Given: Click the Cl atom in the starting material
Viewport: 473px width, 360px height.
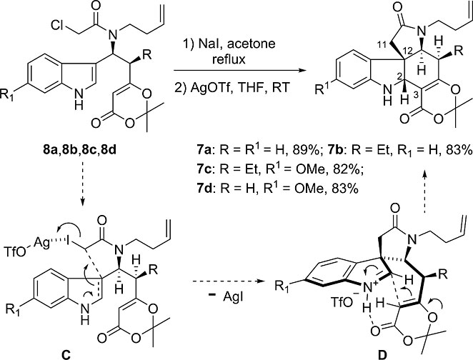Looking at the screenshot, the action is (x=58, y=26).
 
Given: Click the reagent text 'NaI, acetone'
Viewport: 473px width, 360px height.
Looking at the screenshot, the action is (x=236, y=44).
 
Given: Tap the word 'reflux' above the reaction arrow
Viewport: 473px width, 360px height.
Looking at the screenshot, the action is (x=229, y=59).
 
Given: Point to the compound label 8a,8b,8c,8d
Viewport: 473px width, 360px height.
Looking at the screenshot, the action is (x=79, y=149).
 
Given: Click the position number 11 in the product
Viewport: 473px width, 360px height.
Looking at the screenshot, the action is (x=382, y=45).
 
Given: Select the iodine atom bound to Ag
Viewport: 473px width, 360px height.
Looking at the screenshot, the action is (x=69, y=241).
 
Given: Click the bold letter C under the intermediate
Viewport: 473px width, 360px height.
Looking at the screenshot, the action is (x=66, y=355).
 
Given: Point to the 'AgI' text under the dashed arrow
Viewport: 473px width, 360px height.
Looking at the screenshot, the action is (x=234, y=298).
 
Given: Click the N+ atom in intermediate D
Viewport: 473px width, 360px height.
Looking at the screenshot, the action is (x=369, y=289).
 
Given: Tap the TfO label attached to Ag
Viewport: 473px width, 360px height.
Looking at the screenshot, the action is (x=15, y=252).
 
